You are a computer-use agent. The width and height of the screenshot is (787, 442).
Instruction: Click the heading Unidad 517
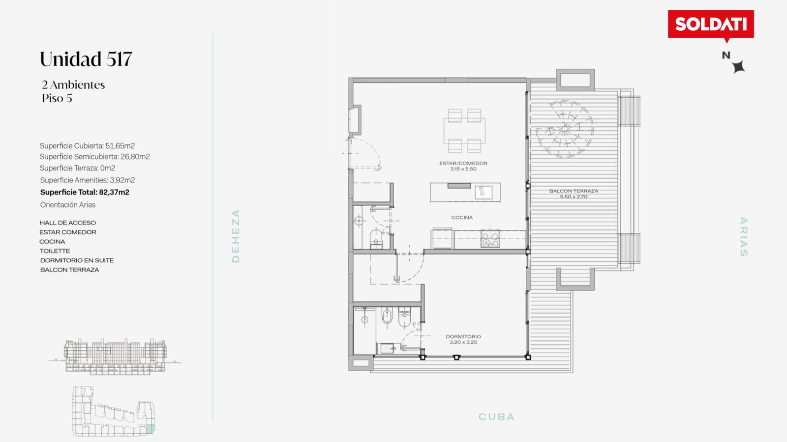tap(86, 59)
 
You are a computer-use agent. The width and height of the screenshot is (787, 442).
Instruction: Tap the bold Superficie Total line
tap(85, 192)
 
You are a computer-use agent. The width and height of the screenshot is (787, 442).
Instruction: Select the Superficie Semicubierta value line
tap(95, 157)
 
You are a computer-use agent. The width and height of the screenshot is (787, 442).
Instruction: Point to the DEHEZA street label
tap(236, 236)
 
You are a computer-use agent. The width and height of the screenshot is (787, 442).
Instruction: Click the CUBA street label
tap(496, 417)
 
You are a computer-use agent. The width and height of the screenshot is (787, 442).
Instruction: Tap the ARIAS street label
tap(743, 237)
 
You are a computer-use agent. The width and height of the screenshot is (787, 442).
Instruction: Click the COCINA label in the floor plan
tap(462, 218)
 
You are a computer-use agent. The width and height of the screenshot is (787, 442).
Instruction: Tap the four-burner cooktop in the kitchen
tap(490, 239)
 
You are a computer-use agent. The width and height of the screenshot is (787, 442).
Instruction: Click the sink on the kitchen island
tap(484, 192)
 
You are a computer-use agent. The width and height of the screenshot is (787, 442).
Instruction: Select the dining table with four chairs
tap(464, 131)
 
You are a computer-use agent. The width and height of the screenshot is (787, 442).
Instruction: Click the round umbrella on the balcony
tap(565, 129)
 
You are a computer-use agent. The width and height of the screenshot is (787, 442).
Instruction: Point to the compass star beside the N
tap(738, 66)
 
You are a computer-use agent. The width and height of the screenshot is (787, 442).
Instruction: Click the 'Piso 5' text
tap(57, 98)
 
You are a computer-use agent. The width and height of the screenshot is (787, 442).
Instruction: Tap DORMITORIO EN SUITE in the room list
tap(77, 260)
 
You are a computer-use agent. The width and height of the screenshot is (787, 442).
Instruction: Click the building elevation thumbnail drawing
tap(115, 357)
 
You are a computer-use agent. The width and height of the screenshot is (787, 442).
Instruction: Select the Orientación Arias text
tap(68, 204)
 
